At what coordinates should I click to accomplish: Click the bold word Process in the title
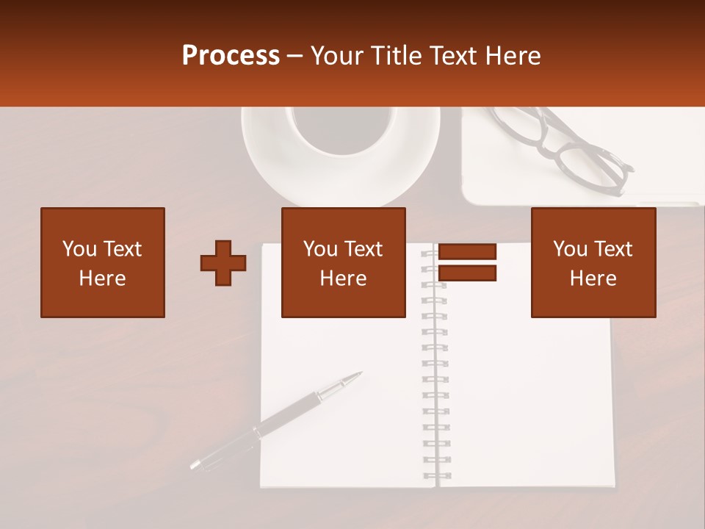tap(231, 56)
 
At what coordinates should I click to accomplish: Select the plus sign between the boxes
tap(223, 263)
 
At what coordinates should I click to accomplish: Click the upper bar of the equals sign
tap(467, 251)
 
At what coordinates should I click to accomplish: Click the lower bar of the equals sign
tap(467, 273)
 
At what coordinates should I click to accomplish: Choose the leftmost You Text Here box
tap(103, 262)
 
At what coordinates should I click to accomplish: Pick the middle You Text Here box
tap(343, 262)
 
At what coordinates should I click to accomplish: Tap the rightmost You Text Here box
tap(593, 262)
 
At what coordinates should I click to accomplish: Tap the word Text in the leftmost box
tap(123, 249)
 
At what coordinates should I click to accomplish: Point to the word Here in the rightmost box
tap(593, 278)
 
